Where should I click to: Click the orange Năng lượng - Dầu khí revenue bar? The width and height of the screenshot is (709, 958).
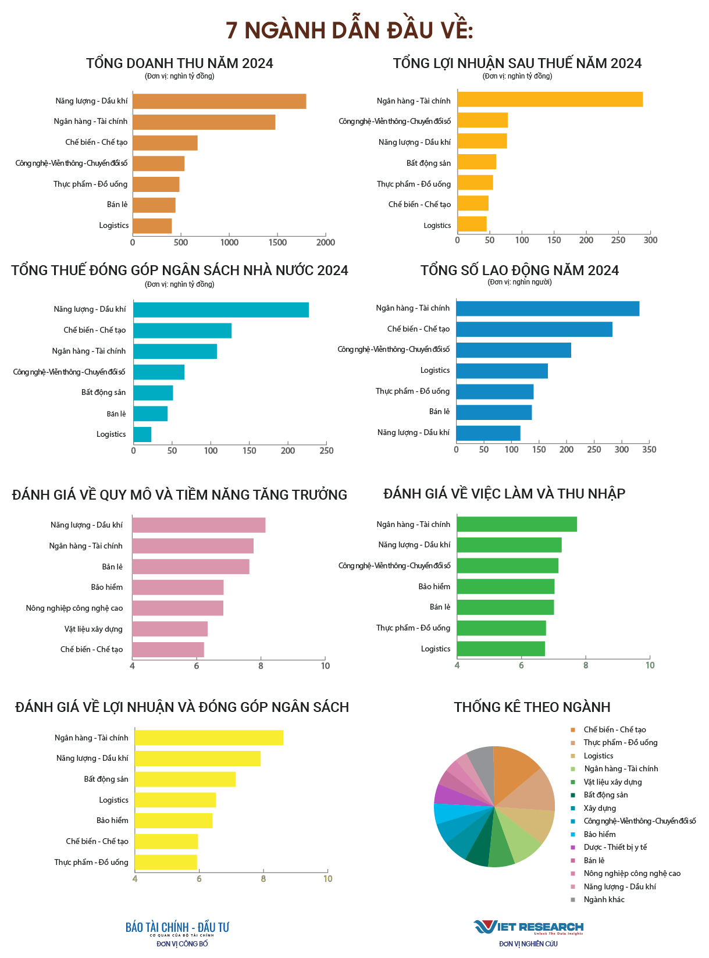tap(219, 101)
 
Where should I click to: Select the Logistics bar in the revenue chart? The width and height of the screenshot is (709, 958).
tap(152, 226)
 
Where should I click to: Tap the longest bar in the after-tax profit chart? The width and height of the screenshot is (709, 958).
tap(550, 99)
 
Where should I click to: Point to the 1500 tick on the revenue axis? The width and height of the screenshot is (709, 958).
tap(277, 243)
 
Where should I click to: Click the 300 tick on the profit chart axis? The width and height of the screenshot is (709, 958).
tap(651, 240)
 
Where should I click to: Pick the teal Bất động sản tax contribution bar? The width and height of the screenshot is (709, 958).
tap(153, 393)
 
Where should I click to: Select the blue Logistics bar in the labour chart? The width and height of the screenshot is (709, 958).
tap(502, 371)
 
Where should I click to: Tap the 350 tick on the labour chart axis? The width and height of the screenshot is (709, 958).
tap(649, 450)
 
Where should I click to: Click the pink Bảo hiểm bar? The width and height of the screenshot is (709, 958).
tap(177, 587)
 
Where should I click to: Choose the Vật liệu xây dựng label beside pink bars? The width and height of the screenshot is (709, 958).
tap(93, 629)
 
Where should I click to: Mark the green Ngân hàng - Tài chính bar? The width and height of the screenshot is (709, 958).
tap(516, 524)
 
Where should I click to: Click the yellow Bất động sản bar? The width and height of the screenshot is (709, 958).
tap(185, 779)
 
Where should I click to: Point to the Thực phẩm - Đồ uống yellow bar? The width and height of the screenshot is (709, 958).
tap(166, 862)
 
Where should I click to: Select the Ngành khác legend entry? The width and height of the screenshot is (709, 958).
tap(604, 900)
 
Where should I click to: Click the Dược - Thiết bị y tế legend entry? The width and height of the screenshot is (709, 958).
tap(615, 847)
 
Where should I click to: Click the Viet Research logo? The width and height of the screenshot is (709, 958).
tap(528, 927)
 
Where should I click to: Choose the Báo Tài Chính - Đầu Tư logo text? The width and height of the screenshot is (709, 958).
tap(177, 928)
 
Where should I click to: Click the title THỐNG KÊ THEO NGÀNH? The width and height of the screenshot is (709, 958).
tap(532, 707)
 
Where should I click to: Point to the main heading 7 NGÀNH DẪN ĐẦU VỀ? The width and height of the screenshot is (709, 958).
tap(350, 30)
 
